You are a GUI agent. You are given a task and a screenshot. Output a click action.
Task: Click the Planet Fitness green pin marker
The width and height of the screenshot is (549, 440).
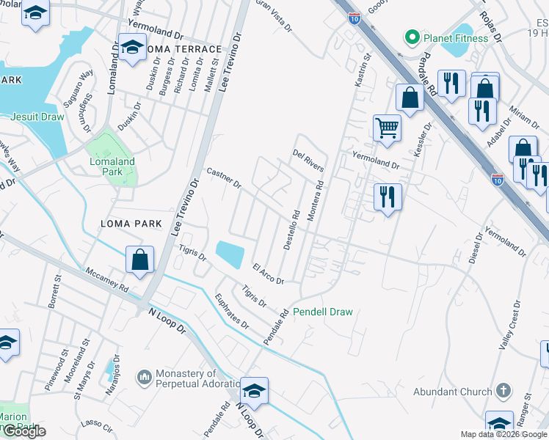412,37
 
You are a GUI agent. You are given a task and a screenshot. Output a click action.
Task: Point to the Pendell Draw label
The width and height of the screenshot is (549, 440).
323,312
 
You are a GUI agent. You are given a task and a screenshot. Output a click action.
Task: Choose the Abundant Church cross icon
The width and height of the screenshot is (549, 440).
503,391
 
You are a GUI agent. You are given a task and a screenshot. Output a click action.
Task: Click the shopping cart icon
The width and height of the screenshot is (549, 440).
387,128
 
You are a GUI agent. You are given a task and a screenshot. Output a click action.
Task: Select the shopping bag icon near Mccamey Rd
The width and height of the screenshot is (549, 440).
139,260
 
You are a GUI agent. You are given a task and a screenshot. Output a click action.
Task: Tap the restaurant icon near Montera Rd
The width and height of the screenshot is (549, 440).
387,197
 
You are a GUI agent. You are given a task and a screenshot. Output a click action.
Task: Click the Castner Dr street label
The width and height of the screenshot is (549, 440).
224,178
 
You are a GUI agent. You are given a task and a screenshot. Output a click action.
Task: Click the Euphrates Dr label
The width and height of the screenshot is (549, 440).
233,312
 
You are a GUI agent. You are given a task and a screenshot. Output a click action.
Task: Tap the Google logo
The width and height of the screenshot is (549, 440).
23,432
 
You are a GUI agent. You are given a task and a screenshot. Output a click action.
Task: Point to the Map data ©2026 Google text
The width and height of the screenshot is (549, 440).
503,434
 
